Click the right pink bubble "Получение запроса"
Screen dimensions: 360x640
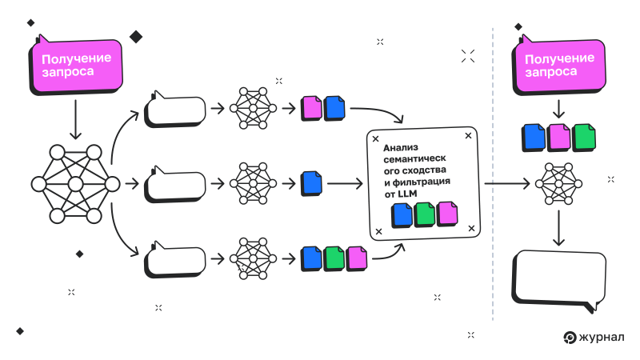coord(558,65)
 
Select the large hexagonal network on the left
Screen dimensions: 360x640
coord(76,185)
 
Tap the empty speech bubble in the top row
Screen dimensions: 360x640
coord(175,110)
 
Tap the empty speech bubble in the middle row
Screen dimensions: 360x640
coord(175,184)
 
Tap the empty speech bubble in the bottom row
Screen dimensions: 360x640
coord(175,259)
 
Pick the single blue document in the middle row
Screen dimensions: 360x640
coord(312,184)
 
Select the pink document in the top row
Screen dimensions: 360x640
coord(310,108)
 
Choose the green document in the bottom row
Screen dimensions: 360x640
coord(334,258)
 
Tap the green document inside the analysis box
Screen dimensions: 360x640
coord(424,214)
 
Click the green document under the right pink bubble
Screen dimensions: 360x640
coord(584,137)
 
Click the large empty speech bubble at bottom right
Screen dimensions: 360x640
coord(558,279)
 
